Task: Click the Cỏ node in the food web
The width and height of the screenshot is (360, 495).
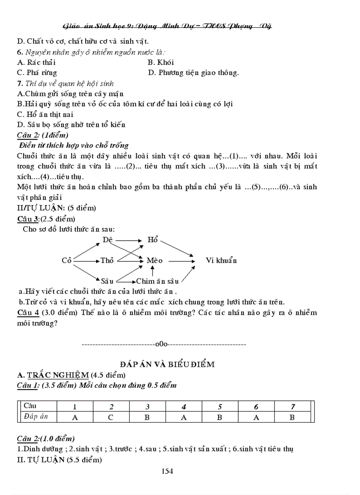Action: (67, 261)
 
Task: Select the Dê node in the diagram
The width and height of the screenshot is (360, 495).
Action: (108, 240)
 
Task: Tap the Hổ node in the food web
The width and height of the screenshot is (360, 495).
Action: (153, 240)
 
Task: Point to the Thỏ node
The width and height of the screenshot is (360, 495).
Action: (107, 261)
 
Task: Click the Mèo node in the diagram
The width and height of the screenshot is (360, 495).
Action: (155, 261)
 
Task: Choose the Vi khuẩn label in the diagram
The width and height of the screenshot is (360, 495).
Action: (221, 261)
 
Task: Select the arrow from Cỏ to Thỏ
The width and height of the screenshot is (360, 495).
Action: (86, 261)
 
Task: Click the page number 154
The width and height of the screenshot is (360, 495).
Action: (167, 471)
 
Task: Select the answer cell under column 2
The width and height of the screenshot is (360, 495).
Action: (111, 417)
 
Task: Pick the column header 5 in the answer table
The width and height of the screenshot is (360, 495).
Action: (219, 406)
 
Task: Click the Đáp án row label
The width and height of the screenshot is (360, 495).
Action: (36, 416)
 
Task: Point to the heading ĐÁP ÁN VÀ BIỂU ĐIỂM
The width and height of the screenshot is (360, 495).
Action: (167, 364)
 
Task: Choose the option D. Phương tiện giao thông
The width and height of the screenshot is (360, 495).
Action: (193, 73)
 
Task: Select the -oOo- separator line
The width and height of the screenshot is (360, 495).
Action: (164, 344)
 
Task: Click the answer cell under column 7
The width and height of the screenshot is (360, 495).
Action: (292, 417)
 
